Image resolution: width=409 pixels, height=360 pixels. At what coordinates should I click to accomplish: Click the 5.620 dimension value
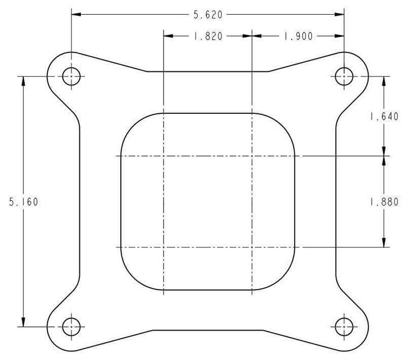coord(207,15)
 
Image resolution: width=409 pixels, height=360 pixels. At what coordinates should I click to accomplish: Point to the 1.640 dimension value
coord(384,116)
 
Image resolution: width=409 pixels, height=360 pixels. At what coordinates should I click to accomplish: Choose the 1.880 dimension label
coord(384,201)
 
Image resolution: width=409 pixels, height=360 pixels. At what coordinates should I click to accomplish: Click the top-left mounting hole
coord(71,76)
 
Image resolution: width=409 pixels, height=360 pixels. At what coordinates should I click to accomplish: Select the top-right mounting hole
coord(344,76)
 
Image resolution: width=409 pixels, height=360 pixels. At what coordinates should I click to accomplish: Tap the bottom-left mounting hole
coord(71,326)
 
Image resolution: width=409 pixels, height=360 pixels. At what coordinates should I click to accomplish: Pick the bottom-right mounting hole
coord(344,326)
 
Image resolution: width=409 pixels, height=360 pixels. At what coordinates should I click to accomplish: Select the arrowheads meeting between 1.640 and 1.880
coord(384,155)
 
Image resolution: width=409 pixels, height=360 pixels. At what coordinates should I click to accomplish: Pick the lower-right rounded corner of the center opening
coord(287,282)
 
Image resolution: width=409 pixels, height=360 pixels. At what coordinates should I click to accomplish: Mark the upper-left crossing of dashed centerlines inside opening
coord(163,156)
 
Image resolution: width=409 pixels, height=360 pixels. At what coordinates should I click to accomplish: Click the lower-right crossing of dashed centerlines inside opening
coord(252,248)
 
